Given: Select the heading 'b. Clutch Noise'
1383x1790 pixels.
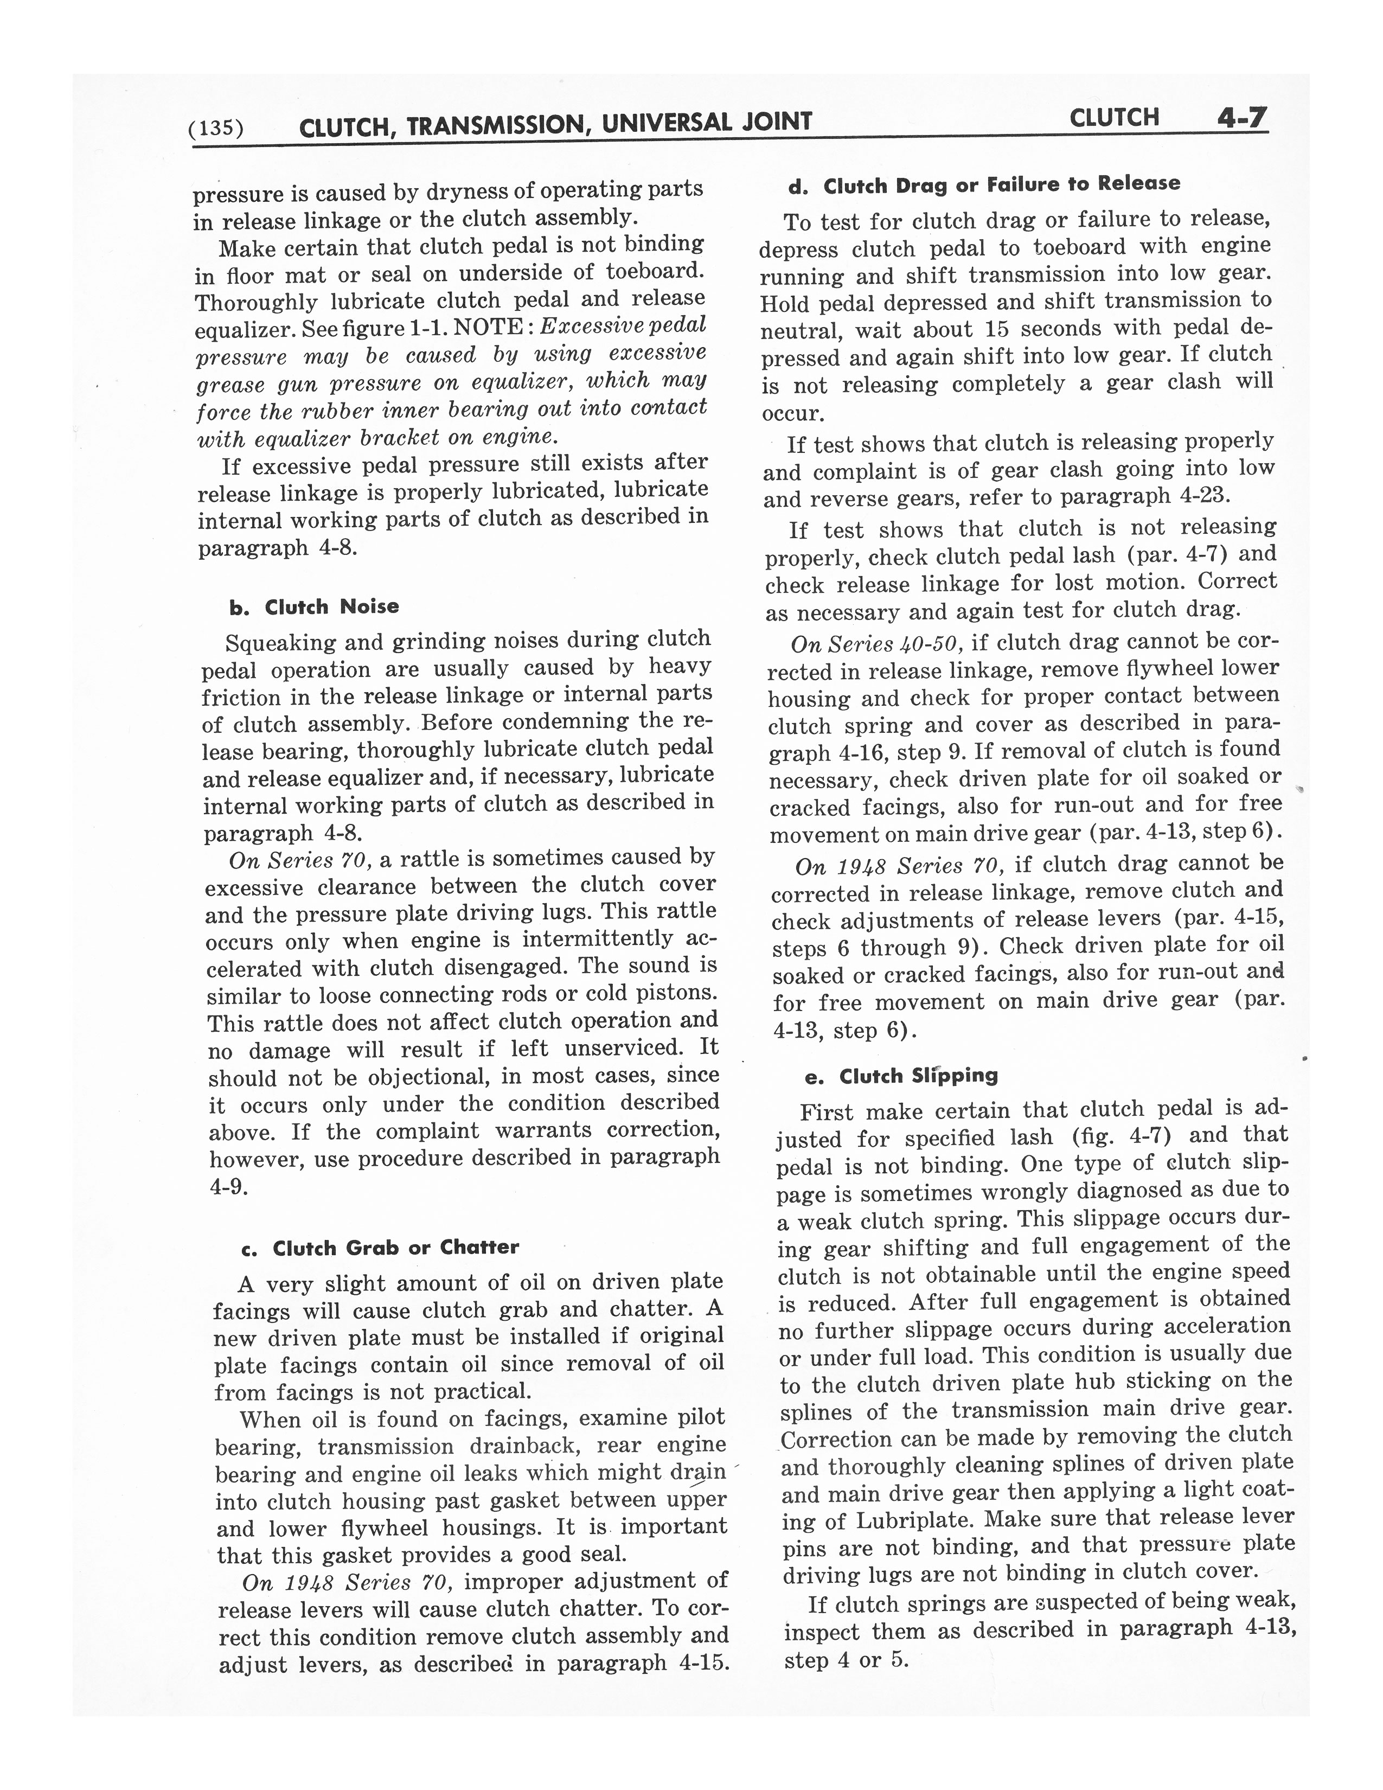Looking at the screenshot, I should (x=315, y=608).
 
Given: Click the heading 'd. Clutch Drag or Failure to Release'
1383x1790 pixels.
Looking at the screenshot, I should (x=984, y=185).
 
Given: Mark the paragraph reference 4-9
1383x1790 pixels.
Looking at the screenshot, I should (x=228, y=1186).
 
